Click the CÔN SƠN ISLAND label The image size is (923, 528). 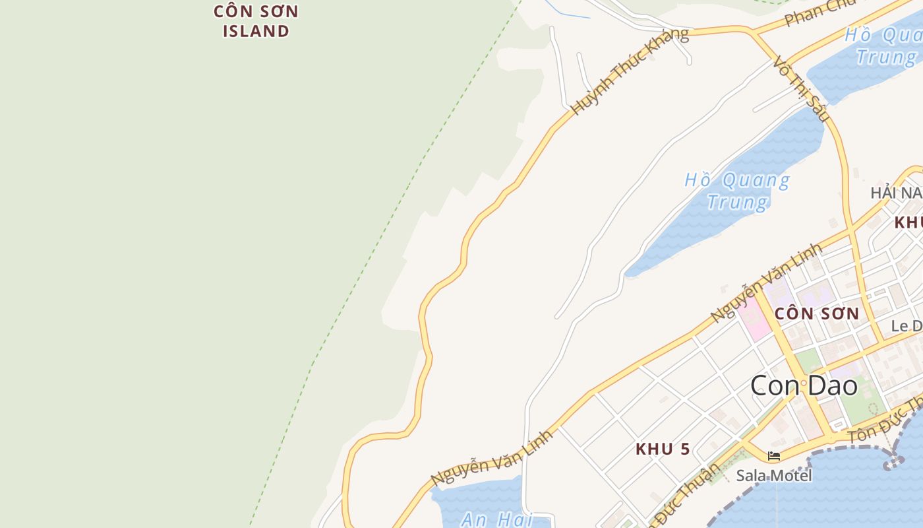(x=256, y=21)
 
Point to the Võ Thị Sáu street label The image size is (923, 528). (x=800, y=88)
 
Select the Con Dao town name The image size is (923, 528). (x=804, y=385)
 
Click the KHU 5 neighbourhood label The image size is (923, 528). (x=663, y=449)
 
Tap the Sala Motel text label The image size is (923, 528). (x=774, y=475)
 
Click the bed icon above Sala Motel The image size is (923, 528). (x=774, y=456)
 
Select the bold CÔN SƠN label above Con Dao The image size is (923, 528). (x=817, y=313)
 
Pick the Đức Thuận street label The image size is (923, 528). (x=686, y=492)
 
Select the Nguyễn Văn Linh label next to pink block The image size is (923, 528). (x=767, y=282)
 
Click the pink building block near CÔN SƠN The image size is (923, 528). (x=754, y=318)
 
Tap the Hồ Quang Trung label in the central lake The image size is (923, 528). (x=737, y=191)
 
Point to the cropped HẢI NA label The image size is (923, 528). (x=896, y=193)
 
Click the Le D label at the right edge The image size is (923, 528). (x=907, y=326)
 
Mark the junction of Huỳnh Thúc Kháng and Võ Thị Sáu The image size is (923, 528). (x=752, y=30)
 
